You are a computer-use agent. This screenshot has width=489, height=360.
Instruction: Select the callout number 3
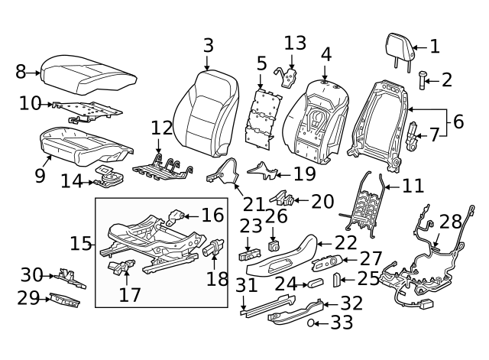(x=209, y=46)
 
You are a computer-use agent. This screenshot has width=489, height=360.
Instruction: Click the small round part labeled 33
(x=313, y=324)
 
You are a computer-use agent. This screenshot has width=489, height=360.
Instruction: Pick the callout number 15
(x=80, y=245)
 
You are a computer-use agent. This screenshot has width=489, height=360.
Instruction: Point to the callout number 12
(x=162, y=127)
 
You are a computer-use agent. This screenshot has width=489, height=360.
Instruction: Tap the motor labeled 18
(x=213, y=250)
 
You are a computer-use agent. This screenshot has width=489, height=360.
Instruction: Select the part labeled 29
(x=65, y=300)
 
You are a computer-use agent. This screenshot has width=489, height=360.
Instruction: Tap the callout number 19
(x=304, y=174)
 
